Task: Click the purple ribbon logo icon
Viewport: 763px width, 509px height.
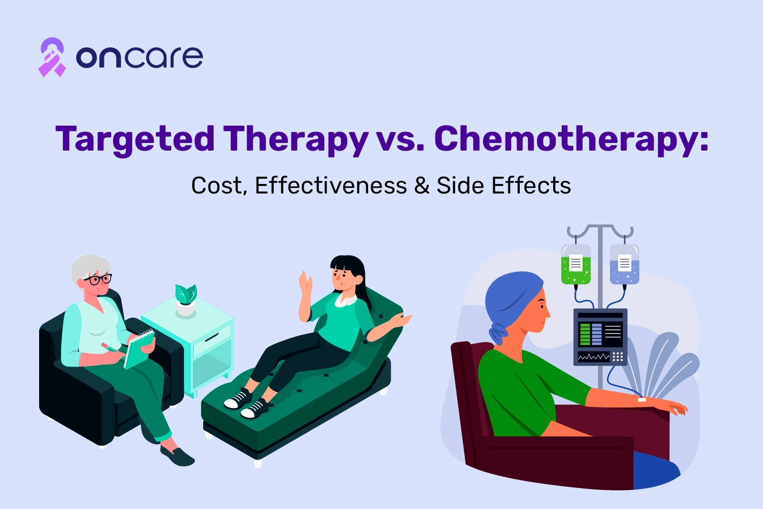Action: point(52,57)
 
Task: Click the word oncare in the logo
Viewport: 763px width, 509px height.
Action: point(139,57)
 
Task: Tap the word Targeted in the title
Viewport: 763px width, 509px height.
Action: point(135,139)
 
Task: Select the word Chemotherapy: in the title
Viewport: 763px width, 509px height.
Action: point(572,139)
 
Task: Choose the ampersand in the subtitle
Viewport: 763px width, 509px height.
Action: point(422,185)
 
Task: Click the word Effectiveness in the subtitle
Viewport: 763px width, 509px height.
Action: point(331,185)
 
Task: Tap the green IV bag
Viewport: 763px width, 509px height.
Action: point(576,264)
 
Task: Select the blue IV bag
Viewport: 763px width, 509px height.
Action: point(624,264)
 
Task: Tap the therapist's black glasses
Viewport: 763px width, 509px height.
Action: point(98,279)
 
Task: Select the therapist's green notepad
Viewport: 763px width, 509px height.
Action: point(139,349)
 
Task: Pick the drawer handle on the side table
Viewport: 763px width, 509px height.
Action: point(212,337)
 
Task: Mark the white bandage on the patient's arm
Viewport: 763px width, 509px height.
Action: point(642,400)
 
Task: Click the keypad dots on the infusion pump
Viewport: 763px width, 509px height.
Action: point(618,356)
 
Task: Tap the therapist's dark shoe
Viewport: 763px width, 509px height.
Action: point(177,456)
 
